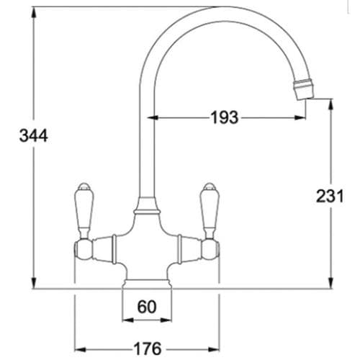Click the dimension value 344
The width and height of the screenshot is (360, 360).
tap(33, 136)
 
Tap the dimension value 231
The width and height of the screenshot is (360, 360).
tap(329, 196)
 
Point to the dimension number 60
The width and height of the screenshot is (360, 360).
tap(147, 307)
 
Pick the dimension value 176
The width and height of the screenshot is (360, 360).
tap(147, 348)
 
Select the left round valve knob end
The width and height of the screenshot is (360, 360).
tap(81, 248)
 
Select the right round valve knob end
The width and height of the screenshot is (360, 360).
tap(212, 248)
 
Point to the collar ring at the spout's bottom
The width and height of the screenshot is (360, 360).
tap(147, 211)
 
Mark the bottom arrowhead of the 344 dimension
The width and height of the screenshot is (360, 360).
tap(33, 284)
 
